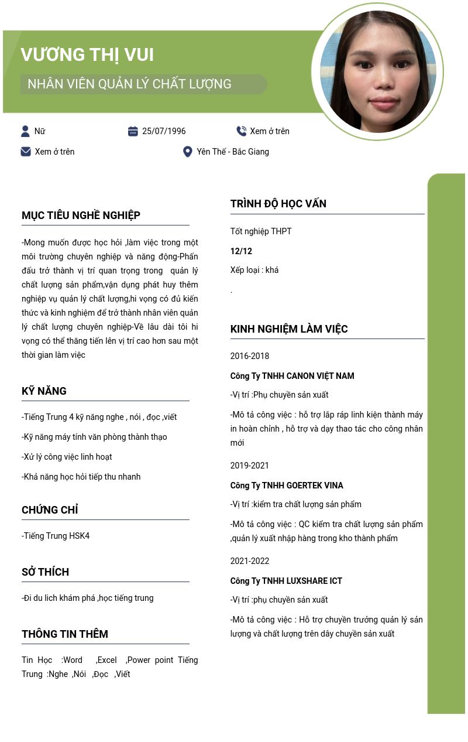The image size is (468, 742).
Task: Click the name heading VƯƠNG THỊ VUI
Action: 87,54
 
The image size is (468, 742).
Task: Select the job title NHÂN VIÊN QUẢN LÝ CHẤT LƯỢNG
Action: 129,84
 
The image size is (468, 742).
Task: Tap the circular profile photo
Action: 378,71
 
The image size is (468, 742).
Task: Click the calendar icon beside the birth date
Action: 133,131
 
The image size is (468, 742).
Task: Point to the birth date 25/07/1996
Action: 164,131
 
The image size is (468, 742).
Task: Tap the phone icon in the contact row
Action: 241,131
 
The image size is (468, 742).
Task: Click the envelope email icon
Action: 26,152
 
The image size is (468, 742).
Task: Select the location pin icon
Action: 187,152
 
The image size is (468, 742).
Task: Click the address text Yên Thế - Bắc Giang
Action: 233,152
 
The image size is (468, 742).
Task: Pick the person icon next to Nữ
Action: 25,131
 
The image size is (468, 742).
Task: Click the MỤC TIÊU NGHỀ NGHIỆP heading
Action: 81,216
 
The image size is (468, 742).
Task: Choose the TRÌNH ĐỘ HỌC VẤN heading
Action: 278,204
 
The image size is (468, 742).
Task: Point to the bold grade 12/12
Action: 241,251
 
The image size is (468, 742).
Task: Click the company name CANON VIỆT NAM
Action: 320,376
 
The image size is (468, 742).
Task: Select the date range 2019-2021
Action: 250,466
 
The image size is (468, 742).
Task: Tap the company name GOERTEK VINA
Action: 315,485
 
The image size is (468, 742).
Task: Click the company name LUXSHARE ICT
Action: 314,581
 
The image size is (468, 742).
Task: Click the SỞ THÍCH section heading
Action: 45,572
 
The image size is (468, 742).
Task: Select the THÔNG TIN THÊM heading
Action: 65,634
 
